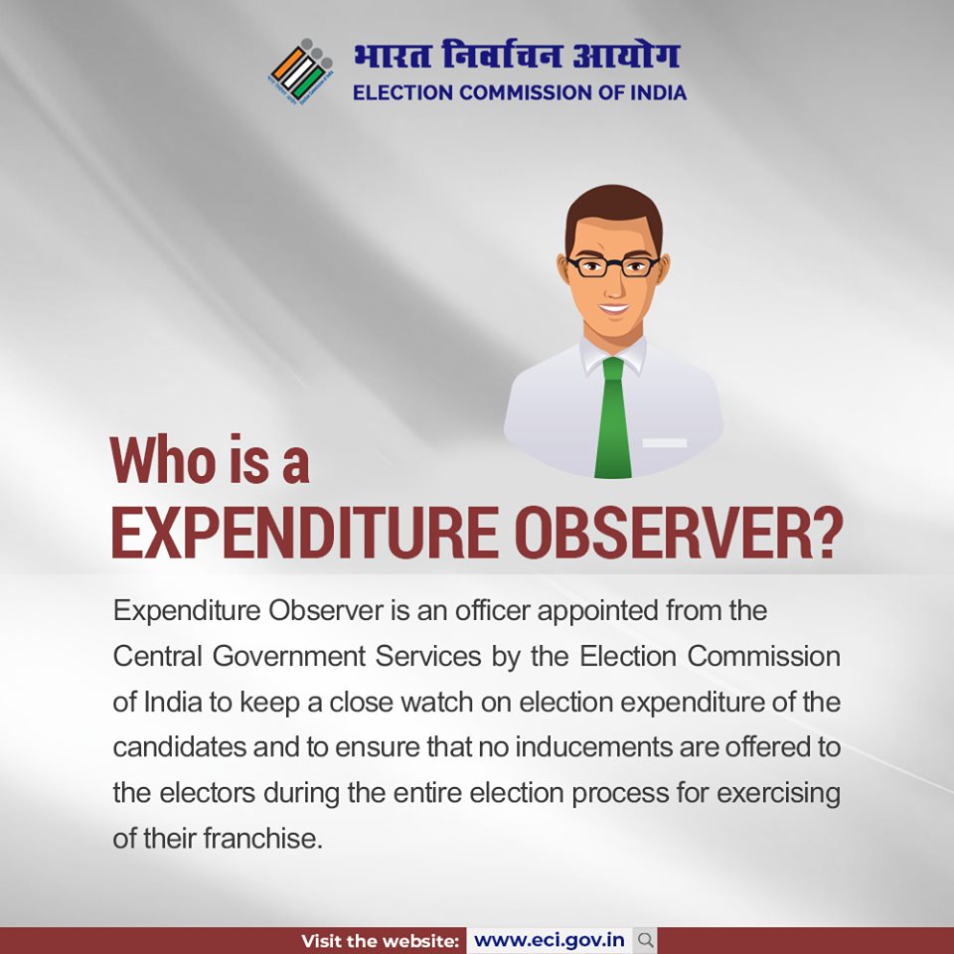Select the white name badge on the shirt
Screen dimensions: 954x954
(x=664, y=442)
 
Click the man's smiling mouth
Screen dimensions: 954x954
(x=613, y=309)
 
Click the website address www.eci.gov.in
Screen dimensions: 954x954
(x=550, y=940)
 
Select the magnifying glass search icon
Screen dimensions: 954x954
(x=645, y=940)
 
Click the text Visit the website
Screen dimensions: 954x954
(x=381, y=940)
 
